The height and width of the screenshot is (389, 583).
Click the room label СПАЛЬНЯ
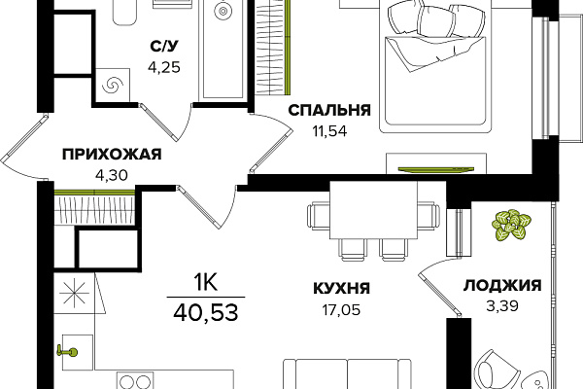click(x=329, y=110)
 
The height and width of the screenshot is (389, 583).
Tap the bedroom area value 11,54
click(x=329, y=131)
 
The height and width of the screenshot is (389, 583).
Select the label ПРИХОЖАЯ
click(x=112, y=154)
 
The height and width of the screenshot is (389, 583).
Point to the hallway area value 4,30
click(x=112, y=174)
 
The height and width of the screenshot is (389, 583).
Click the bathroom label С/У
click(x=164, y=46)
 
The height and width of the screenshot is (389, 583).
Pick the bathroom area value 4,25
click(x=164, y=67)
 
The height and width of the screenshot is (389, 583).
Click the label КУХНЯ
click(x=342, y=288)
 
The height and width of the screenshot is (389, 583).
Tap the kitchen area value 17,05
click(x=341, y=309)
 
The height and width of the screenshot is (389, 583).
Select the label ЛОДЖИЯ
click(x=502, y=286)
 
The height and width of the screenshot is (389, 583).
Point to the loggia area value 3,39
click(x=502, y=306)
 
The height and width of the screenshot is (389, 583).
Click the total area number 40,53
click(x=206, y=312)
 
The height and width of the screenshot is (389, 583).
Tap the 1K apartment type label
click(x=205, y=283)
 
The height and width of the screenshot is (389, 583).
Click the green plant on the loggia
click(x=511, y=224)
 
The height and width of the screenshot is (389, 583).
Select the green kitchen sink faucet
click(x=67, y=351)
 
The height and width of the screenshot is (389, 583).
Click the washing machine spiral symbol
click(x=113, y=85)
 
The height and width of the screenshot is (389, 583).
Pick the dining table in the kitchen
click(x=373, y=211)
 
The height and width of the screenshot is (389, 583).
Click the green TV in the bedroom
click(x=436, y=169)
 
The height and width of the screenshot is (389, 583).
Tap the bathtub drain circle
click(x=223, y=11)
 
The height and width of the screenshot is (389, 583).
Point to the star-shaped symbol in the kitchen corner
click(x=75, y=293)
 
